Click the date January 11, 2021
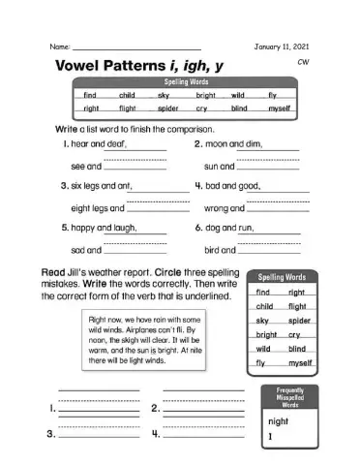[x=282, y=46]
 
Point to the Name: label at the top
[x=58, y=46]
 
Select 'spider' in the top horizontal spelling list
[x=167, y=108]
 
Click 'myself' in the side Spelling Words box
[x=301, y=362]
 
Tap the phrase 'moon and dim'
[x=230, y=143]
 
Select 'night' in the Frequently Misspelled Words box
[x=279, y=422]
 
